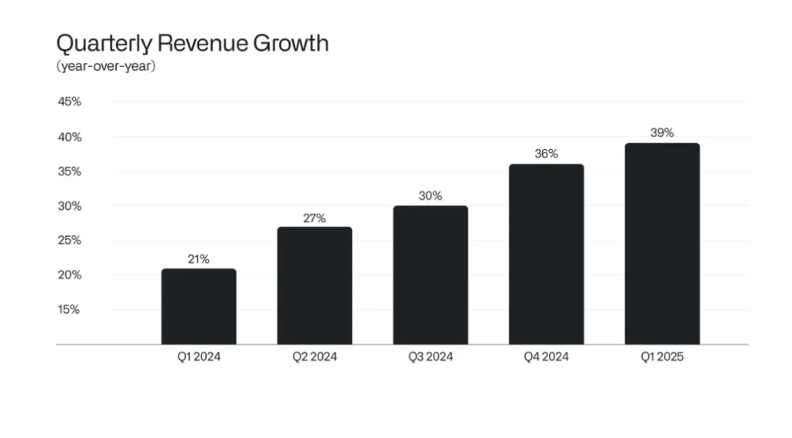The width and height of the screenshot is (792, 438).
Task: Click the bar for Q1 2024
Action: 199,307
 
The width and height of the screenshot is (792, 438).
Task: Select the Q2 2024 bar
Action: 314,285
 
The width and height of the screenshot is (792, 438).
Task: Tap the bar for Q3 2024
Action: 430,275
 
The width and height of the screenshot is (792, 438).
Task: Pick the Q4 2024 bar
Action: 546,254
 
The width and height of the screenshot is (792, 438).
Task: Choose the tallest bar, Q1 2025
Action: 662,244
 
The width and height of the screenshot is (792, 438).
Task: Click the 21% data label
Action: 199,259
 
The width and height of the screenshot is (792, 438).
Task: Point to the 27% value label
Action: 314,218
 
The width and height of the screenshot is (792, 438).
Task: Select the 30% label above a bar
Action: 430,196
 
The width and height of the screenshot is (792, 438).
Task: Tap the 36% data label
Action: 546,154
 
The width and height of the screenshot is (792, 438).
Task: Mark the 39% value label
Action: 662,133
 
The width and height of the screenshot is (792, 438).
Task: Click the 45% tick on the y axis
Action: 69,101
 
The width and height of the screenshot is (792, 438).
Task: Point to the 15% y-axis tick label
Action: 69,309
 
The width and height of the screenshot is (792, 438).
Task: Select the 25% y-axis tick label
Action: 69,240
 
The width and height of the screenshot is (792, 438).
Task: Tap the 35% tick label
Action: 69,172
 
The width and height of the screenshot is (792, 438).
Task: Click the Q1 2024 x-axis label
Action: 199,357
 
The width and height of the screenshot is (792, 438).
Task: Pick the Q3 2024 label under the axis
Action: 430,357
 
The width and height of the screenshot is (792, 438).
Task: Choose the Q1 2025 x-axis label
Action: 662,357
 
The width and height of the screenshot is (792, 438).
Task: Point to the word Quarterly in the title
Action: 103,44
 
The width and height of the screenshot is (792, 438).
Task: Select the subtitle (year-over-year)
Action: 106,67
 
